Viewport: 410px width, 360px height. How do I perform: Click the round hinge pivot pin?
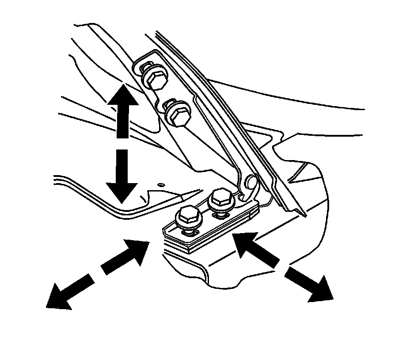click(x=251, y=181)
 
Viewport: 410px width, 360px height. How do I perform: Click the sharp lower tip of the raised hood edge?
click(x=305, y=216)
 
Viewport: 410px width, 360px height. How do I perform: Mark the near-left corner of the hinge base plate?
click(x=164, y=230)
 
